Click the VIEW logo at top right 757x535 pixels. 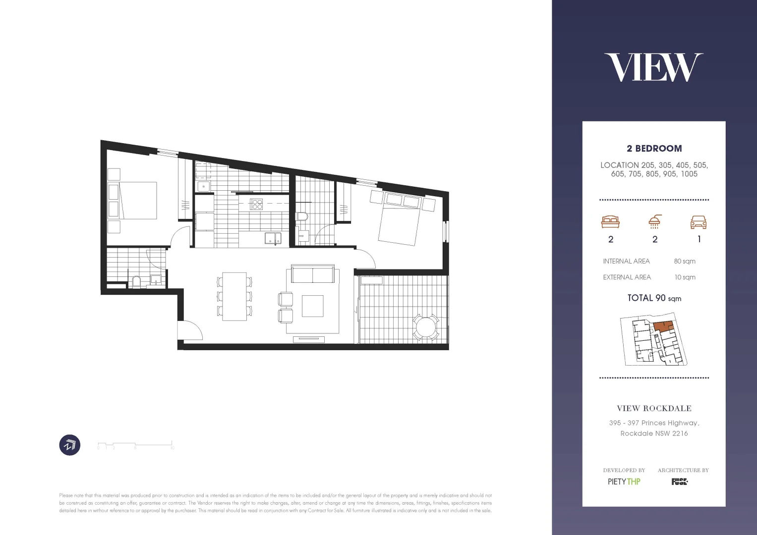(653, 68)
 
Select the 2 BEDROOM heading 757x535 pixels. (654, 148)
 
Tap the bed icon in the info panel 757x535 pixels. (610, 222)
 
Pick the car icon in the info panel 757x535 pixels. (699, 222)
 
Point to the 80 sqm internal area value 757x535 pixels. (685, 261)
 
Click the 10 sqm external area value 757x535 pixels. (685, 277)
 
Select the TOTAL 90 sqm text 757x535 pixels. (654, 298)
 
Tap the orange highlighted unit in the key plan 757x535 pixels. (662, 326)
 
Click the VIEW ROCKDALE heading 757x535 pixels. (654, 408)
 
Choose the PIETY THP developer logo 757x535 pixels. (624, 481)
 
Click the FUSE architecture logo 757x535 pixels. (680, 481)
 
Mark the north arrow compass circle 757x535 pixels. (70, 445)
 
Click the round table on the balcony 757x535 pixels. (426, 327)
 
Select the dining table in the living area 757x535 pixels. (234, 296)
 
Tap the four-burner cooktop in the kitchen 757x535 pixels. (256, 204)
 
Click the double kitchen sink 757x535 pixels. (272, 239)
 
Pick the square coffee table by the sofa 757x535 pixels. (312, 306)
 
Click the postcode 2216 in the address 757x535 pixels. (680, 433)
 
